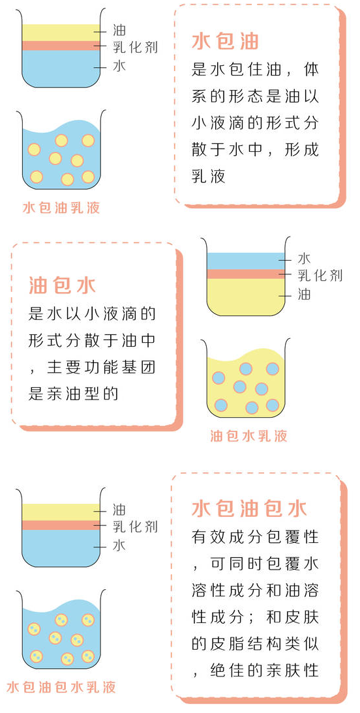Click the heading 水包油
coord(225,41)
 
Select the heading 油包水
coord(63,285)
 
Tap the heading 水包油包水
coord(249,508)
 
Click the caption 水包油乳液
coord(61,208)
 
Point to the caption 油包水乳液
coord(248,436)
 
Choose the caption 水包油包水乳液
coord(61,687)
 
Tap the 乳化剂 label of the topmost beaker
coord(135,46)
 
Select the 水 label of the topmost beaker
coord(119,66)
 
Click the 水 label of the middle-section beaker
coord(304,259)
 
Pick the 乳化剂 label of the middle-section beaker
coord(320,275)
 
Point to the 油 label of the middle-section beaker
coord(304,294)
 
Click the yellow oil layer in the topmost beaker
coord(61,33)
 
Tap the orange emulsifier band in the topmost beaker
coord(61,46)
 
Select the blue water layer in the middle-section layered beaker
coord(246,261)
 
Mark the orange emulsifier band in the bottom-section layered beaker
coord(61,525)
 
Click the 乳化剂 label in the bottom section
coord(135,527)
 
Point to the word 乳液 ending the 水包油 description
coord(209,176)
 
